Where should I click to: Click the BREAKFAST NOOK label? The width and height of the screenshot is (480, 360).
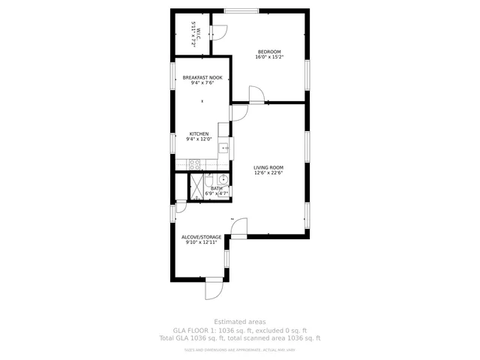click(x=202, y=77)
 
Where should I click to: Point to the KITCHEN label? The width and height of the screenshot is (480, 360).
click(x=199, y=134)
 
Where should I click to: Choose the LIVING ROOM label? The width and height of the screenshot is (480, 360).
click(x=268, y=167)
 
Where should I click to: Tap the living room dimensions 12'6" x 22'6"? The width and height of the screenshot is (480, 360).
click(x=268, y=172)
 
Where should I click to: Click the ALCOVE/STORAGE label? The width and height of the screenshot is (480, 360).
click(x=201, y=237)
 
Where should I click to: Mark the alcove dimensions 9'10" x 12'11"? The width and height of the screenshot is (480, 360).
click(x=201, y=242)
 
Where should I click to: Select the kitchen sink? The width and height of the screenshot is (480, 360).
click(x=223, y=148)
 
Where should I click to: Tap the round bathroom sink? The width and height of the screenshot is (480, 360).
click(x=223, y=180)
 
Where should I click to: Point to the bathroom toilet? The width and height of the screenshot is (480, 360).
click(x=211, y=179)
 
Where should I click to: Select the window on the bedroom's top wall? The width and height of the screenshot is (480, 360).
click(x=241, y=10)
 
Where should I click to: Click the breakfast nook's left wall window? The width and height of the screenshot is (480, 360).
click(x=173, y=77)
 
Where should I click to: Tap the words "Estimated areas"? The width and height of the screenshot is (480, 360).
click(x=240, y=322)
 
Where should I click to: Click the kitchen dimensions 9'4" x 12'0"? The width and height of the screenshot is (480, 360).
click(x=199, y=139)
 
